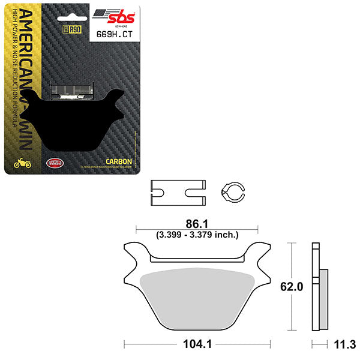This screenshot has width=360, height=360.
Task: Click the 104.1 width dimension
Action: (x=196, y=346)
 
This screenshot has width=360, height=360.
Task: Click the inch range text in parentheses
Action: (x=196, y=234)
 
